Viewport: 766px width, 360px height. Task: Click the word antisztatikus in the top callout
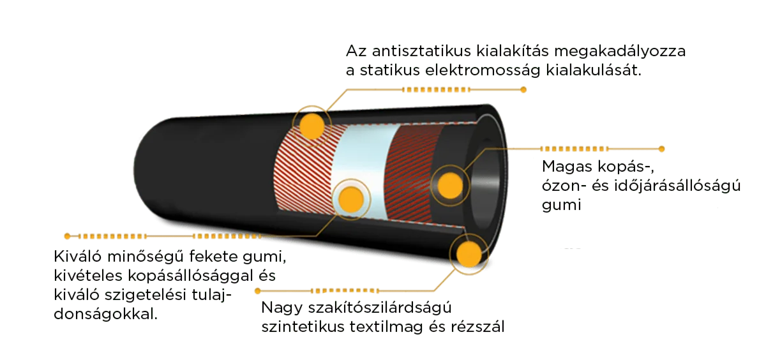(421, 51)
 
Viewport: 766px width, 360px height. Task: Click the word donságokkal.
(106, 314)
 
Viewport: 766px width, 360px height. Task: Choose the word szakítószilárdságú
(380, 308)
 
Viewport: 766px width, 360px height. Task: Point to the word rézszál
(477, 327)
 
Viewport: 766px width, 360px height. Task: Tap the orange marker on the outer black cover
(312, 126)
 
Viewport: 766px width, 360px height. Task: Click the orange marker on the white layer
(351, 199)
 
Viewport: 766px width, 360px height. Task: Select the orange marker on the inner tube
(451, 186)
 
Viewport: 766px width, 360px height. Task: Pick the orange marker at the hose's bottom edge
(469, 254)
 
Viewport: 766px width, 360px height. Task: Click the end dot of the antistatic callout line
(523, 90)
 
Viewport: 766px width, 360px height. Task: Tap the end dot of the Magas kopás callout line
(662, 149)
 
